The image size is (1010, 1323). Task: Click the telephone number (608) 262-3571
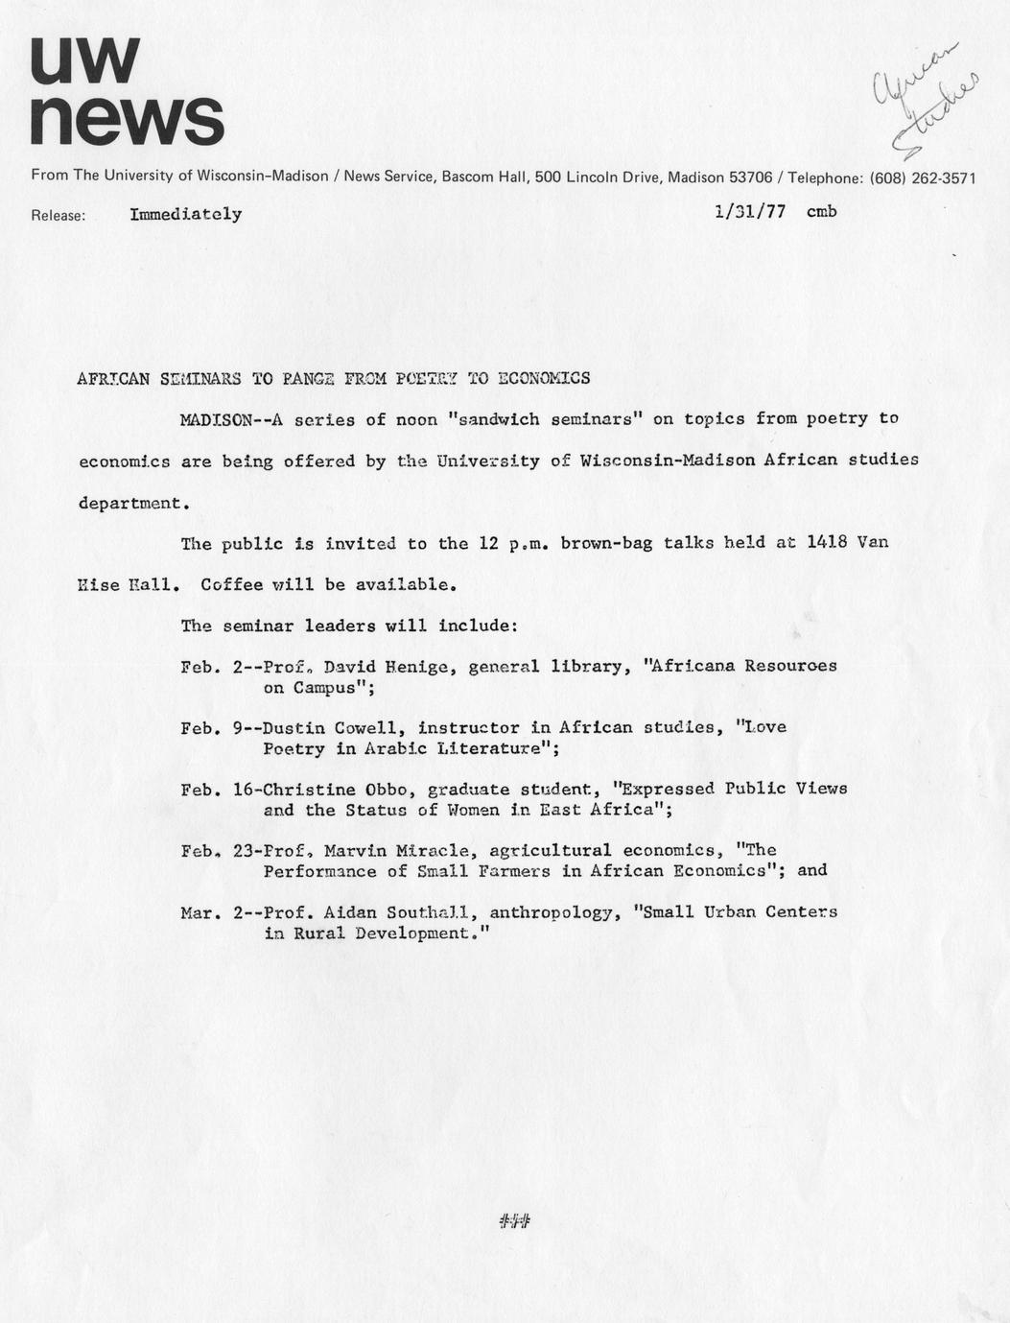click(x=922, y=177)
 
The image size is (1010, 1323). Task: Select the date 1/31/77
click(x=750, y=212)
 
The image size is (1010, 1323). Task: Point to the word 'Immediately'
click(x=186, y=215)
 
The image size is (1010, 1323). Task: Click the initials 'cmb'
click(x=821, y=211)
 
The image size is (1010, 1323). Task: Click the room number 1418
click(x=826, y=542)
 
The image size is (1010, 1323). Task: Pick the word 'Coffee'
click(x=231, y=584)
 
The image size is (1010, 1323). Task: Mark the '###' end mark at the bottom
click(x=515, y=1221)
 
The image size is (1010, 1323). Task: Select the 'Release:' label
click(x=59, y=216)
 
